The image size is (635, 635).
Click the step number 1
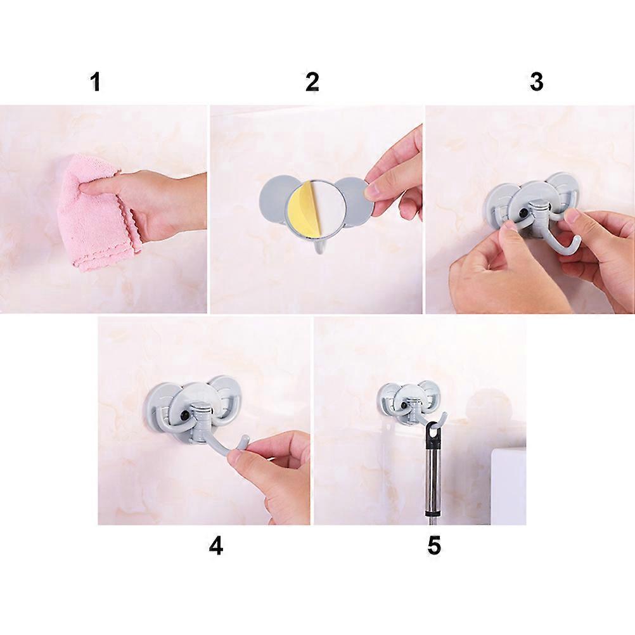(95, 82)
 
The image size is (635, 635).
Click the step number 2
(312, 82)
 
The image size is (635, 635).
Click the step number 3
(537, 82)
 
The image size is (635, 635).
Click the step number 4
(216, 546)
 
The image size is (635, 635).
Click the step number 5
(433, 546)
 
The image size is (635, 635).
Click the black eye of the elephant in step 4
(186, 414)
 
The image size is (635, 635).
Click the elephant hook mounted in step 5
(409, 403)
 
